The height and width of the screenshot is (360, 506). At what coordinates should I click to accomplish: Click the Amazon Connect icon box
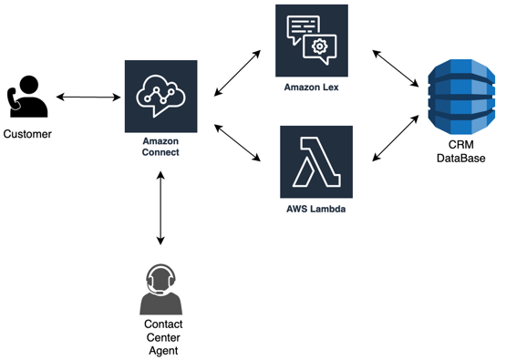(x=160, y=97)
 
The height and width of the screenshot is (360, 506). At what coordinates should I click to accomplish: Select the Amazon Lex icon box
(x=311, y=40)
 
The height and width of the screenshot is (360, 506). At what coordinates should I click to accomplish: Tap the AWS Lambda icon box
(x=315, y=161)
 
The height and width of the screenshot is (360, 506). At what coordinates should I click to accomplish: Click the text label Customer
(x=27, y=135)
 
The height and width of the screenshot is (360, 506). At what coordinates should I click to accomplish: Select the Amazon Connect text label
(x=160, y=147)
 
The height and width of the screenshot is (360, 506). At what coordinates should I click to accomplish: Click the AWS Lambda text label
(x=315, y=210)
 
